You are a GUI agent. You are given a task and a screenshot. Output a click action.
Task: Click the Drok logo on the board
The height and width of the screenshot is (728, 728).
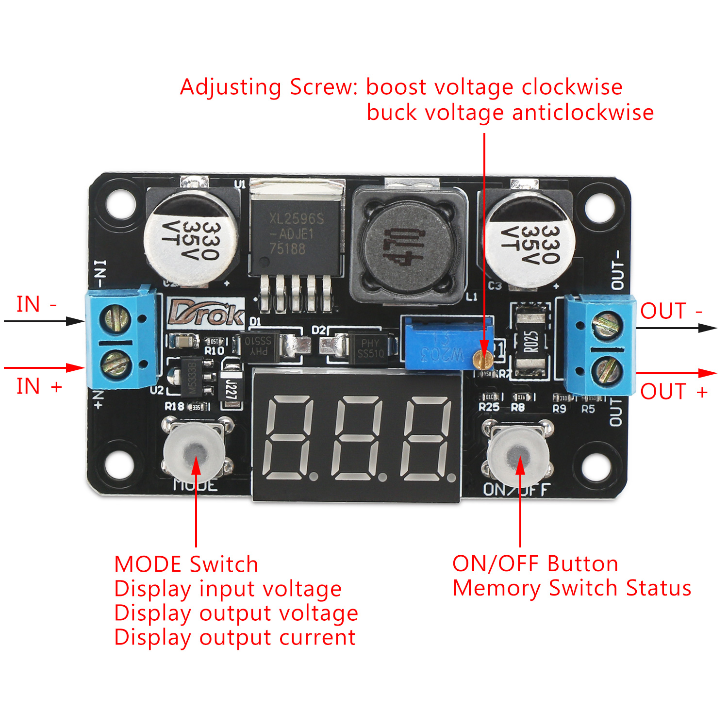coord(206,314)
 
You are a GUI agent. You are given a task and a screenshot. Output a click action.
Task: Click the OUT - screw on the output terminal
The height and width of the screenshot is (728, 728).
coord(607,325)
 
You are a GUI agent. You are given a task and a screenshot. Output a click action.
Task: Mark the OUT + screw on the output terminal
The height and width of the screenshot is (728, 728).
coord(607,370)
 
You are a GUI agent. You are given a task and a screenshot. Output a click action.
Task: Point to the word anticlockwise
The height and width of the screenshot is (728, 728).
coord(582,113)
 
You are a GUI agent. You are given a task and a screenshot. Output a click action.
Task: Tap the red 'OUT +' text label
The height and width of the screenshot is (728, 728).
coord(674,391)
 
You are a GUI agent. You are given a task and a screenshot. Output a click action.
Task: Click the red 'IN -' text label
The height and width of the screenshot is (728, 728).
coord(37,304)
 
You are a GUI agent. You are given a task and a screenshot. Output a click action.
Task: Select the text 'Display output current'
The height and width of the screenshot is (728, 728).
coord(235,637)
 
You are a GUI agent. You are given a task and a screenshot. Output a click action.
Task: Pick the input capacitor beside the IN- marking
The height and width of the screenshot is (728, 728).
coord(190,237)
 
